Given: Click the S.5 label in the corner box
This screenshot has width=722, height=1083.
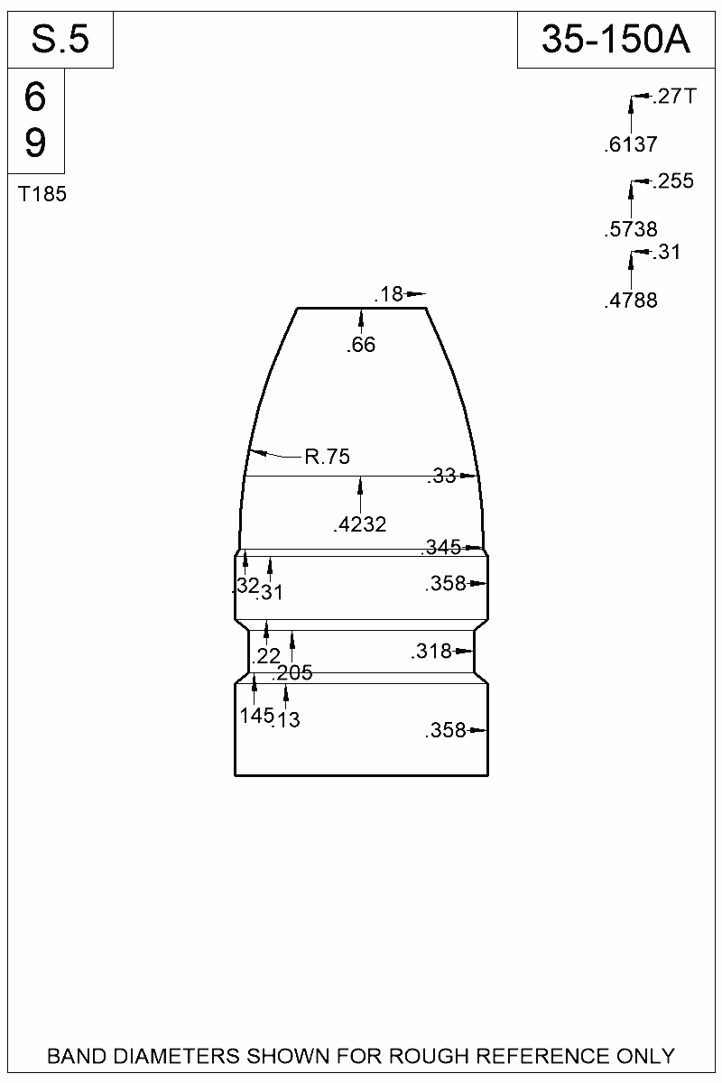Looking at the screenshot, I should pos(60,41).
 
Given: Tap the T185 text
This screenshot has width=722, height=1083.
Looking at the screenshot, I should pos(42,193).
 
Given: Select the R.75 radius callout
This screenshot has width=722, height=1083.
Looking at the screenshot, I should pos(326,458).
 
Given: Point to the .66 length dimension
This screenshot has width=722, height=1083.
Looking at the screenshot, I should pos(361,345).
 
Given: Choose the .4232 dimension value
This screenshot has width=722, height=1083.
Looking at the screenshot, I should pos(360,525).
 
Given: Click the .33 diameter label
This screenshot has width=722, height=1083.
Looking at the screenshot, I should pos(441,477).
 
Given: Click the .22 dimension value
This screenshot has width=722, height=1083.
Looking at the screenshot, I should pos(267,656).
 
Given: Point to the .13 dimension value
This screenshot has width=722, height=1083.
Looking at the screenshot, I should pos(286,719).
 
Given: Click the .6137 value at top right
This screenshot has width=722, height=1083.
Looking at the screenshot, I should pos(630,144).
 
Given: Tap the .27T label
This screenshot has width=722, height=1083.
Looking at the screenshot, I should pos(673,97).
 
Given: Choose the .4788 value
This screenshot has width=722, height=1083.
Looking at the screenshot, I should pos(630,301).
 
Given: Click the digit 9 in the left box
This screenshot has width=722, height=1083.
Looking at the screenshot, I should pos(35,143).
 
